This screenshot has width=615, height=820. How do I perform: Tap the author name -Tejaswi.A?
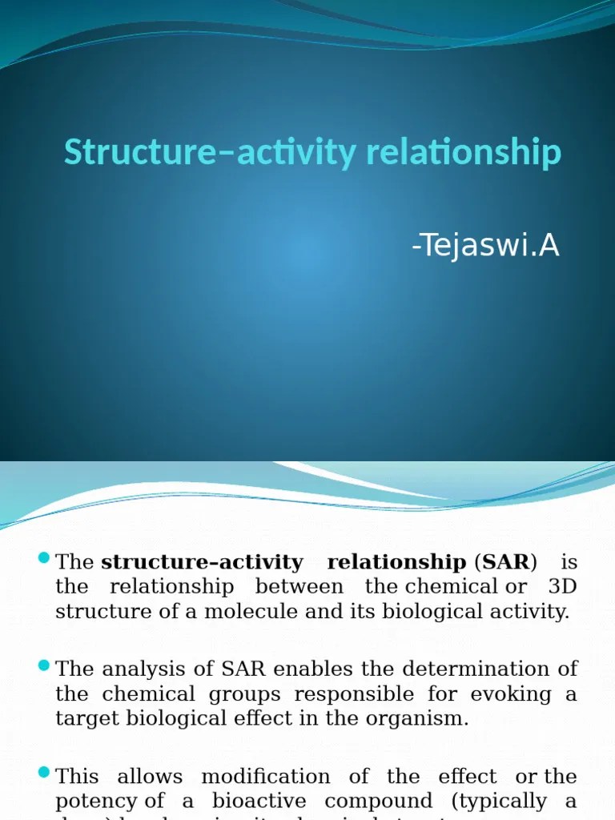click(485, 247)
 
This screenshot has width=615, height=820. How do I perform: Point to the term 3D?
click(562, 587)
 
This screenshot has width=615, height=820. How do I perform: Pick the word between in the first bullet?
click(299, 587)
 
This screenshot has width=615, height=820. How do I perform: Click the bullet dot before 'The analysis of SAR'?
click(45, 665)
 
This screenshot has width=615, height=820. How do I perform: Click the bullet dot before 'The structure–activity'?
click(45, 559)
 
